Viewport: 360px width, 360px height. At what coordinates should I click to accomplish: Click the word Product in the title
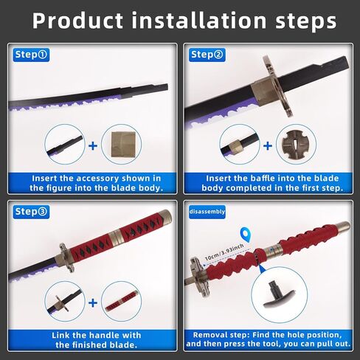77,21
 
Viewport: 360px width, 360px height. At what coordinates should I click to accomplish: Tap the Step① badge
31,55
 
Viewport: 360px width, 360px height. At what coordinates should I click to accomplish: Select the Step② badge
207,55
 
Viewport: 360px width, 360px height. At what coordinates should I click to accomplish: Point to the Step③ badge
31,212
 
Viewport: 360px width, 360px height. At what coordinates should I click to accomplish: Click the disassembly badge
207,212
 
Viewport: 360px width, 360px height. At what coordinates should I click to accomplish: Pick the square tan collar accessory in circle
123,145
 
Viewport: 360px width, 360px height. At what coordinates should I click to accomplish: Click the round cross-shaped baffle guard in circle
296,145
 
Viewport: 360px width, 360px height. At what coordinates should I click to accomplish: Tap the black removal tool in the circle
279,294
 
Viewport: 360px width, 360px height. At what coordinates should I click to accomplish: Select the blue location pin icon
246,234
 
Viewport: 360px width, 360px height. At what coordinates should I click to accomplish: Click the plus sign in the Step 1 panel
93,146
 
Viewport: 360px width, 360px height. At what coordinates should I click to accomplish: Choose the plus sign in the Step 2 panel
268,146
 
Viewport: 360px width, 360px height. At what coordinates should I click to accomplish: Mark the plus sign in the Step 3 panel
93,302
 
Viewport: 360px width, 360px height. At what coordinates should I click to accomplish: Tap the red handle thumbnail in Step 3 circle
121,302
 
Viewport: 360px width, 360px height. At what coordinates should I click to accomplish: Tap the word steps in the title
306,21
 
